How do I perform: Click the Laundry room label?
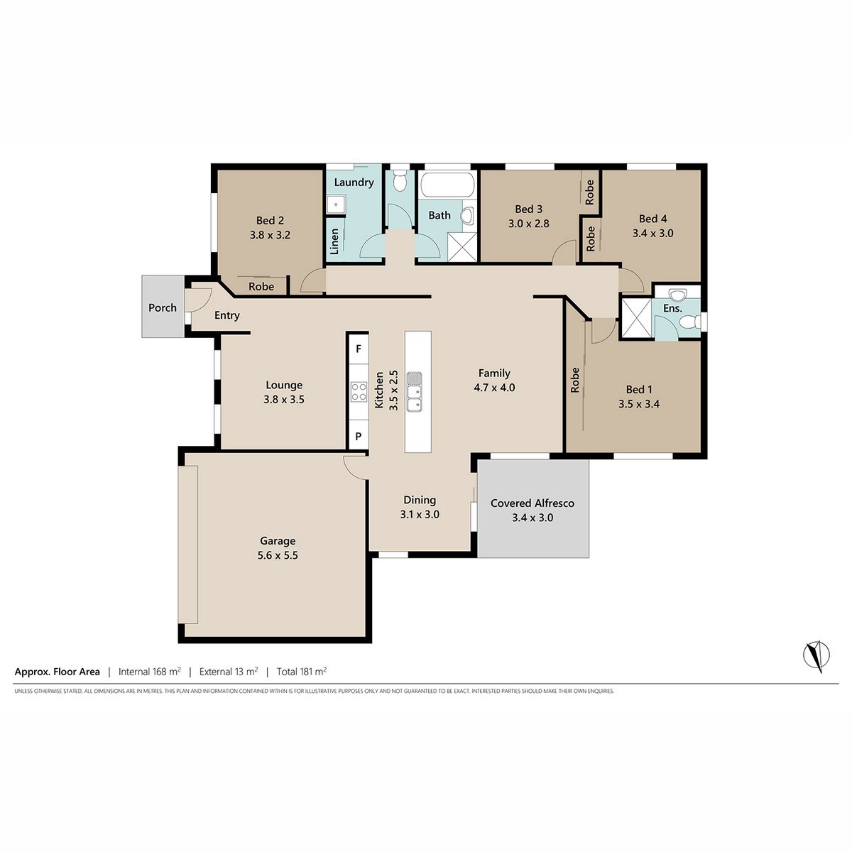(354, 182)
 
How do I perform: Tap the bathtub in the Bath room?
(447, 185)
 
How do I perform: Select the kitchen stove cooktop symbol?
(359, 392)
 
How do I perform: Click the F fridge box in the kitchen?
(358, 349)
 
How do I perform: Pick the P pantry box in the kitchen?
(358, 435)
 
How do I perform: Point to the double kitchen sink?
(414, 392)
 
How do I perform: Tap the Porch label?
(163, 307)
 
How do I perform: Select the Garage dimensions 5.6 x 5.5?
(278, 555)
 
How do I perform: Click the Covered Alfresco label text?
(532, 503)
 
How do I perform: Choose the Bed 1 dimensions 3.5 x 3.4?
(639, 404)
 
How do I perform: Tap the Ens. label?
(672, 308)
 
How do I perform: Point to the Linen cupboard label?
(334, 241)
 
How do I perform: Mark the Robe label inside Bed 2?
(261, 287)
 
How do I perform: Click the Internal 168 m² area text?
(149, 672)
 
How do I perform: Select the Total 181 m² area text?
(302, 672)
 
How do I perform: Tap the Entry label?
(226, 316)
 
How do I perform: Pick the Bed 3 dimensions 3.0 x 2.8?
(529, 224)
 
